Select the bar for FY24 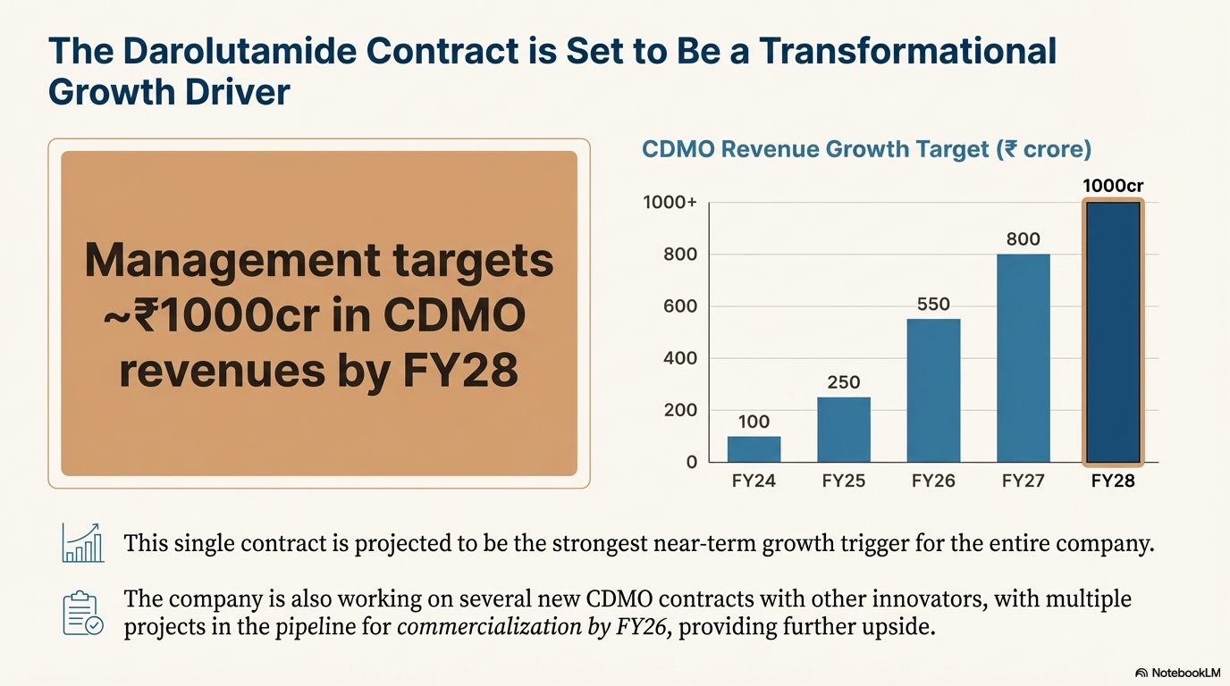[x=754, y=449]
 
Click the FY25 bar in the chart [x=843, y=430]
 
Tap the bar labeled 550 [x=933, y=390]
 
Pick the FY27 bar [x=1023, y=358]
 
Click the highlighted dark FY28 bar [x=1113, y=332]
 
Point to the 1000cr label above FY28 [x=1113, y=186]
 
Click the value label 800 [x=1023, y=239]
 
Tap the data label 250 [x=843, y=382]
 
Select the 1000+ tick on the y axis [x=670, y=203]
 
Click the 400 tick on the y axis [x=679, y=358]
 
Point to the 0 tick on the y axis [x=691, y=463]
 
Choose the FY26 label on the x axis [x=933, y=481]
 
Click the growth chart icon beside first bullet [x=83, y=543]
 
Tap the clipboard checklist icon [x=83, y=613]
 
